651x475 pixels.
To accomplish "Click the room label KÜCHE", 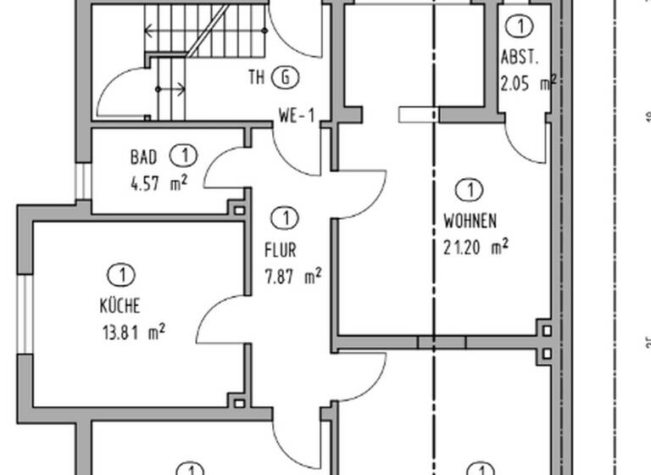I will [119, 306].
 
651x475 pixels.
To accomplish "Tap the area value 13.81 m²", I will [133, 331].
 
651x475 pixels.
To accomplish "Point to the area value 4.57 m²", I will [159, 182].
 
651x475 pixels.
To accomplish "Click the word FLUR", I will [280, 251].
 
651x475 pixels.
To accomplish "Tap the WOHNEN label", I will [470, 221].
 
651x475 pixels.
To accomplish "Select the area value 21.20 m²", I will [476, 247].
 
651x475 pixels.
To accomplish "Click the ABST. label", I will [520, 59].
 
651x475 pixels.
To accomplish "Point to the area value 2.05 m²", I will [527, 82].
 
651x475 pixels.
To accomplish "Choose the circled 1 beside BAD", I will [182, 156].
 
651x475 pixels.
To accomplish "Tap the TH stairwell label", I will [257, 78].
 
